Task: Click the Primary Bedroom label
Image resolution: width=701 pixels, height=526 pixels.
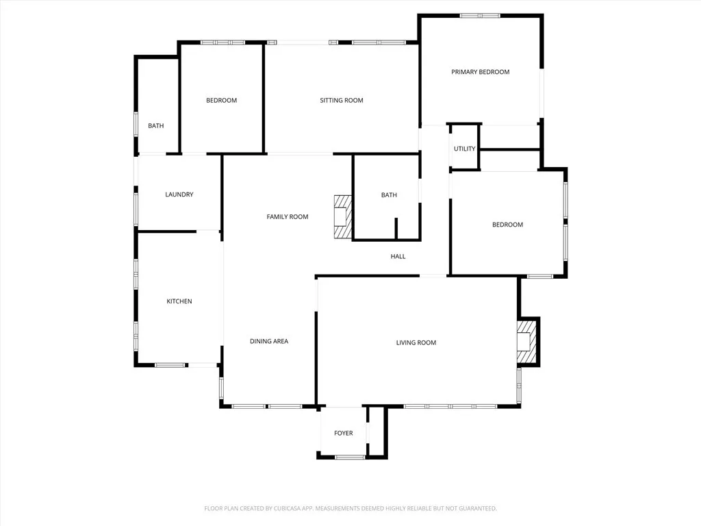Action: [480, 72]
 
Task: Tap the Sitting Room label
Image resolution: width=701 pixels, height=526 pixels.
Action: [341, 101]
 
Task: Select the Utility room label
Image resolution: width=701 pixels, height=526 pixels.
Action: [464, 149]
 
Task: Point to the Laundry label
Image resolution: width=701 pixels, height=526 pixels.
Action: [179, 195]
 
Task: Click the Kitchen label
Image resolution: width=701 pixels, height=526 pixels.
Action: [179, 301]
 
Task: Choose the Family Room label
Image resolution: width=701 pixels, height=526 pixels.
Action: [287, 217]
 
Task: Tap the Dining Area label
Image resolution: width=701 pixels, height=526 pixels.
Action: [268, 341]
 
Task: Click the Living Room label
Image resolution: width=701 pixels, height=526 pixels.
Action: [416, 342]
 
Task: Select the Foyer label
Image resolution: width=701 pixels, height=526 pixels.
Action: [343, 433]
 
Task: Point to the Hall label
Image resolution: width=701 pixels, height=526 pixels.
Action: [398, 257]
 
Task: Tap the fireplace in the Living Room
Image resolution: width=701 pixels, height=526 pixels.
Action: [526, 342]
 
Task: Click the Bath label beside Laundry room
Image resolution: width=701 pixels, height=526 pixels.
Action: [156, 126]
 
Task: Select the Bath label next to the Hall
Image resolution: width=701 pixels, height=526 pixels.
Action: [389, 195]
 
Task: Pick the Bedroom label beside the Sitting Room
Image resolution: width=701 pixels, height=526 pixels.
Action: [221, 101]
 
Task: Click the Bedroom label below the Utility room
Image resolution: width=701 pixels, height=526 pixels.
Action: [507, 225]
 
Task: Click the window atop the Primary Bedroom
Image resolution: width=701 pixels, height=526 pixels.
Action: [480, 15]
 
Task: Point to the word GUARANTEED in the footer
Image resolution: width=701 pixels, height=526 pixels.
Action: [473, 508]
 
